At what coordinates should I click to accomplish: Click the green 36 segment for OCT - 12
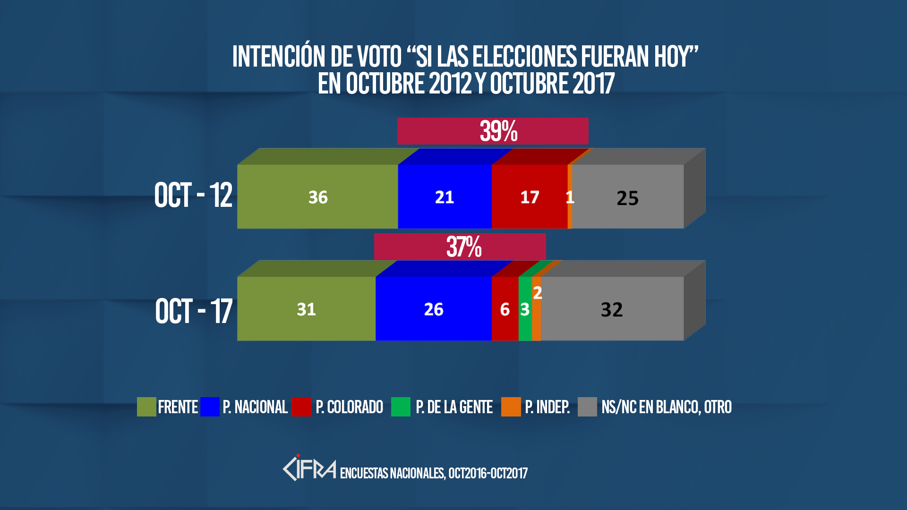pyautogui.click(x=317, y=196)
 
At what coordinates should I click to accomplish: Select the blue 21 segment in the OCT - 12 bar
pyautogui.click(x=445, y=196)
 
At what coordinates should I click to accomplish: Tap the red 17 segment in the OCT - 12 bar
pyautogui.click(x=529, y=196)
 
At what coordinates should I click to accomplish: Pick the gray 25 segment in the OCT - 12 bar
pyautogui.click(x=628, y=197)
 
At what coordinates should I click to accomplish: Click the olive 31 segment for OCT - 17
pyautogui.click(x=306, y=309)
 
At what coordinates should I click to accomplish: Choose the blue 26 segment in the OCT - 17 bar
pyautogui.click(x=434, y=309)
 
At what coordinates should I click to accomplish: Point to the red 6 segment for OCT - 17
pyautogui.click(x=505, y=309)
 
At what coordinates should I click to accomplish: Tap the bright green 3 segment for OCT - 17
pyautogui.click(x=525, y=309)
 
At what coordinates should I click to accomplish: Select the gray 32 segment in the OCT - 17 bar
pyautogui.click(x=612, y=309)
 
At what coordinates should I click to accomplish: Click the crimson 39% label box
pyautogui.click(x=493, y=131)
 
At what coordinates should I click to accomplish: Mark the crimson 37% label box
pyautogui.click(x=460, y=246)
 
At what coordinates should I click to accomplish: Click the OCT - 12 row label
pyautogui.click(x=193, y=195)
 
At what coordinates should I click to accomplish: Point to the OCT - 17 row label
pyautogui.click(x=194, y=311)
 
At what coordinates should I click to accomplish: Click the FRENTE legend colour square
pyautogui.click(x=146, y=407)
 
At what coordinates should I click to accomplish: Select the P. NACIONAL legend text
pyautogui.click(x=255, y=407)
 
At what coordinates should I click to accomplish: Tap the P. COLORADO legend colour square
pyautogui.click(x=301, y=407)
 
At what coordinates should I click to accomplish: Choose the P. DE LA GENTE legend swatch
pyautogui.click(x=401, y=407)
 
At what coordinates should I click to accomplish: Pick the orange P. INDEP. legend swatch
pyautogui.click(x=511, y=407)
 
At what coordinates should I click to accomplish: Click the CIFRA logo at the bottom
pyautogui.click(x=309, y=468)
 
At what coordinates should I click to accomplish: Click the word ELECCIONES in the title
pyautogui.click(x=524, y=57)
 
